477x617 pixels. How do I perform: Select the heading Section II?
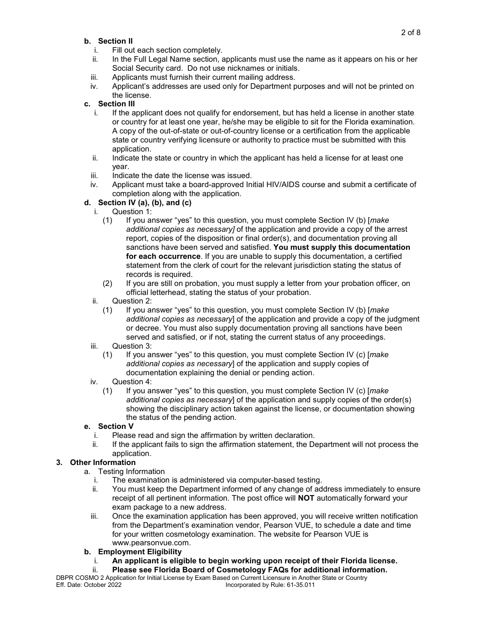coord(115,41)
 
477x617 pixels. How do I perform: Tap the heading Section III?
coord(116,104)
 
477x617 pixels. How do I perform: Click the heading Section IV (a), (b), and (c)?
coord(145,203)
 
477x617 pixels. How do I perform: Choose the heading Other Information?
coord(102,462)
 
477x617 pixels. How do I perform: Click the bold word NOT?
coord(306,498)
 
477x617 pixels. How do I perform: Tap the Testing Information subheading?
coord(131,472)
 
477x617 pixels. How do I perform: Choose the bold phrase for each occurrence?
coord(163,256)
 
